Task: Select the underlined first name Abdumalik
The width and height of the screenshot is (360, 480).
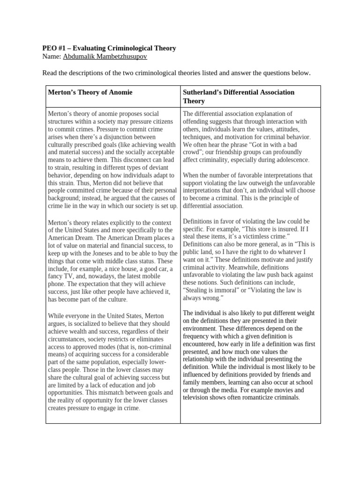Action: [x=80, y=57]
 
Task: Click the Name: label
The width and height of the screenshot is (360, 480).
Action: [x=52, y=57]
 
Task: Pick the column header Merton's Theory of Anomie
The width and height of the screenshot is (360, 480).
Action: [x=90, y=92]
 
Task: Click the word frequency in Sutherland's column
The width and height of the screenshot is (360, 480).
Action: [x=199, y=336]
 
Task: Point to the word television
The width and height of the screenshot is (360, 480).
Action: [x=198, y=397]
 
